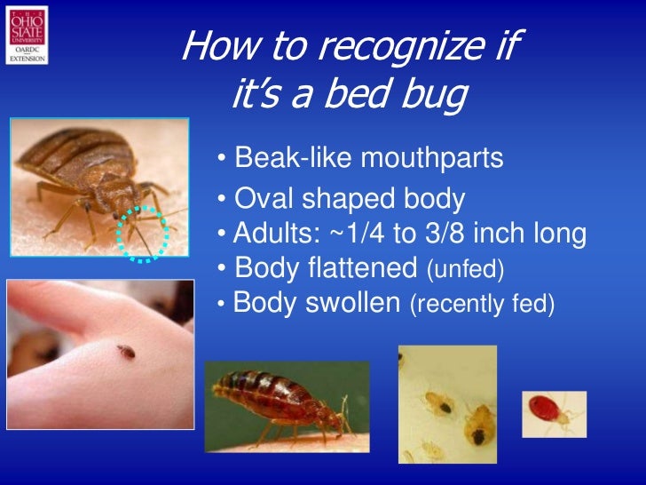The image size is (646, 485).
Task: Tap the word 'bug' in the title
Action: coord(428,95)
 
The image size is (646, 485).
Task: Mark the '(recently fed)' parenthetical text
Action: coord(481,305)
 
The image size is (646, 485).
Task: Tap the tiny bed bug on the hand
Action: coord(127,351)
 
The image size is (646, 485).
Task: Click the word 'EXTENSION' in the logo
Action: coord(27,60)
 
